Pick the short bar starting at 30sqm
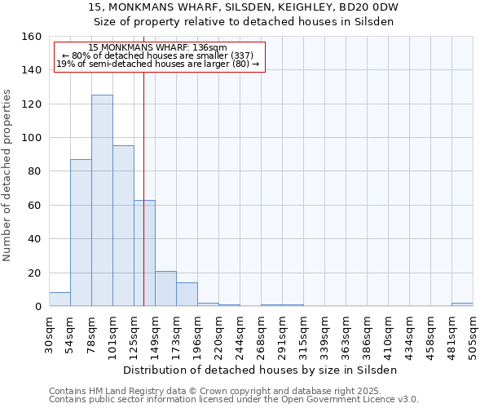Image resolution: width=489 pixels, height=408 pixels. pyautogui.click(x=59, y=299)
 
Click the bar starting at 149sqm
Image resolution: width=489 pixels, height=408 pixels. pyautogui.click(x=165, y=289)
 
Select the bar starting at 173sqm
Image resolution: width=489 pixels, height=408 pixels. pyautogui.click(x=187, y=295)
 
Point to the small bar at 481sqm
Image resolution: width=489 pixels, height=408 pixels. pyautogui.click(x=462, y=304)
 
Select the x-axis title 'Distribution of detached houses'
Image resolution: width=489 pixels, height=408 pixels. pyautogui.click(x=261, y=370)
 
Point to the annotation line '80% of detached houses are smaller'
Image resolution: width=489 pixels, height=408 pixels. pyautogui.click(x=160, y=55)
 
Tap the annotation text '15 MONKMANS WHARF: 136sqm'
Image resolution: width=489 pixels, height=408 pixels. pyautogui.click(x=158, y=47)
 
